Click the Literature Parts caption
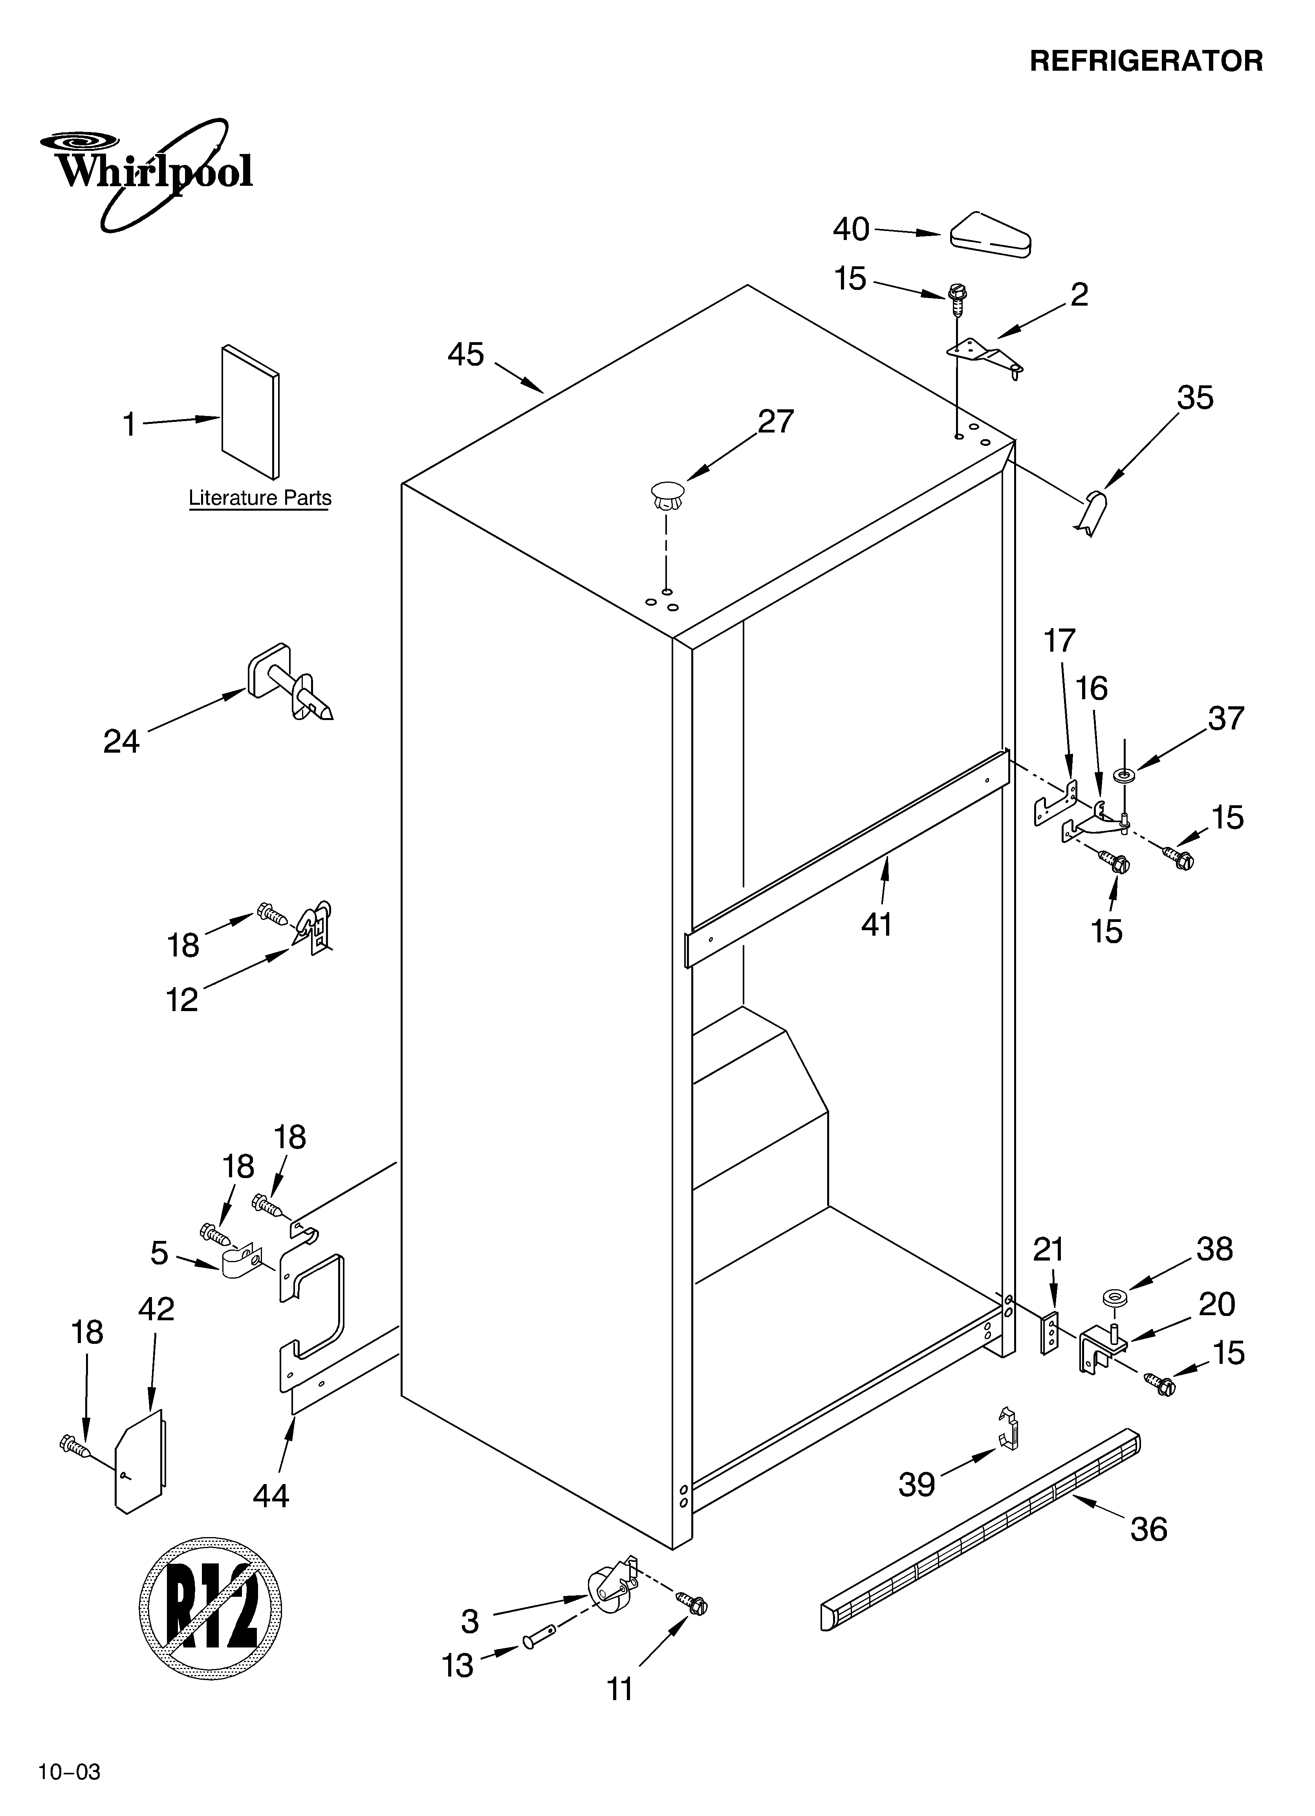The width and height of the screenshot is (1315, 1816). click(260, 498)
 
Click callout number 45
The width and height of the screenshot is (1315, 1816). click(466, 354)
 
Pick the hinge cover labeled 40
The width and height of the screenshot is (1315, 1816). click(991, 235)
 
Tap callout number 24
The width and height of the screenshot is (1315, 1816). click(121, 742)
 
